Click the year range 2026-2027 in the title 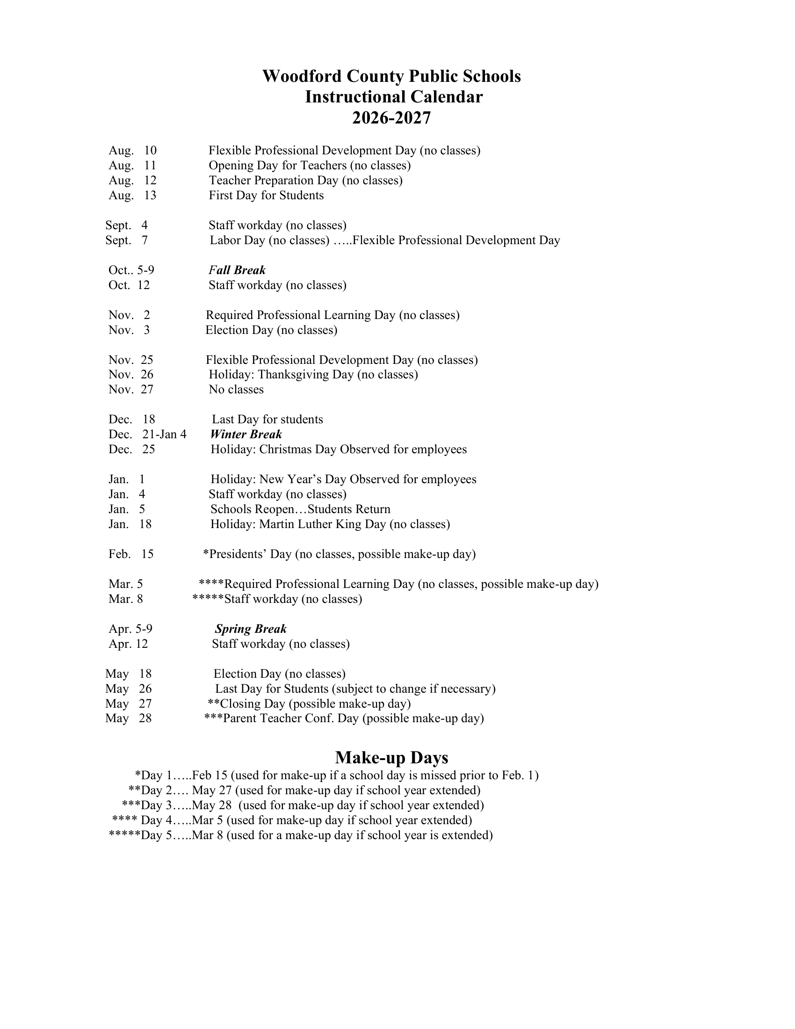pos(391,118)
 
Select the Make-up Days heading pos(391,758)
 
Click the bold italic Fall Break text pos(237,270)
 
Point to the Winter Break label pos(246,434)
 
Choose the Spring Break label pos(251,629)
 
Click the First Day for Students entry pos(266,196)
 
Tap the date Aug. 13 pos(132,196)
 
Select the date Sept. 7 pos(126,240)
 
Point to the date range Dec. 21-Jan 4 pos(147,434)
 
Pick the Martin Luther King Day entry pos(330,524)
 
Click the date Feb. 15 pos(131,554)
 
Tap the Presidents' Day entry pos(339,554)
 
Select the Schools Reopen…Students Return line pos(300,509)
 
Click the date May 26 pos(129,689)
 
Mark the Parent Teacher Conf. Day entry pos(344,718)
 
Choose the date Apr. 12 pos(128,644)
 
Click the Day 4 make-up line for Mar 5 pos(292,820)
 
